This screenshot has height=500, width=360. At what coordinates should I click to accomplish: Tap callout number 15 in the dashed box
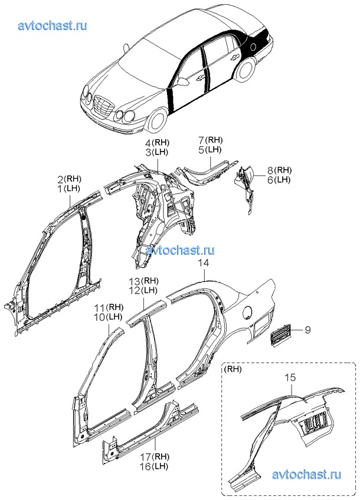(290, 377)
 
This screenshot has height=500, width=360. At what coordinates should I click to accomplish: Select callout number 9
(307, 331)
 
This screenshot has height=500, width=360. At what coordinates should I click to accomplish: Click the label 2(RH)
(69, 179)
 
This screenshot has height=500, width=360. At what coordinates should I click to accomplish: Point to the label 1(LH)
(69, 189)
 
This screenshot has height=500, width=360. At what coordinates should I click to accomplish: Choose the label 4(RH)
(156, 143)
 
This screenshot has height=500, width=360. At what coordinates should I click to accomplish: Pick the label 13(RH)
(143, 281)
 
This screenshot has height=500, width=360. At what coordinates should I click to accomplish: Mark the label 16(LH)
(154, 467)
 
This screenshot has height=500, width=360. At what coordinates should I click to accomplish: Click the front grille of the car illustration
(103, 107)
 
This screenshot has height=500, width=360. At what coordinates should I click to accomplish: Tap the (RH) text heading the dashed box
(234, 370)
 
